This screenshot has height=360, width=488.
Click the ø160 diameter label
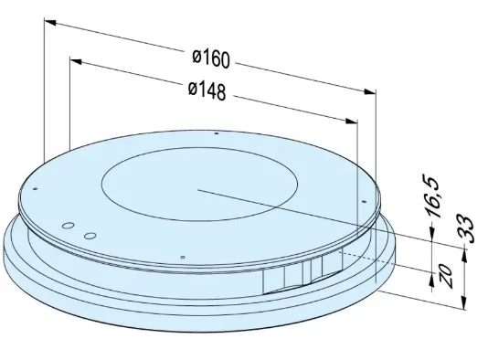[211, 59]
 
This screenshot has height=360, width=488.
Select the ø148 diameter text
[207, 90]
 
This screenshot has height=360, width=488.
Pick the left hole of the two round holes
[68, 225]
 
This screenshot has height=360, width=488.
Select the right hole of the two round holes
[89, 235]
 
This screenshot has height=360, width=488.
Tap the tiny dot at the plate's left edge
[34, 188]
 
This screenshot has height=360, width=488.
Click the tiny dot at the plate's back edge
[216, 133]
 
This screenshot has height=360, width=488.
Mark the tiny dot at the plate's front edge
[184, 258]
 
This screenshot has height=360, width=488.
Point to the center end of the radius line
[196, 191]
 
